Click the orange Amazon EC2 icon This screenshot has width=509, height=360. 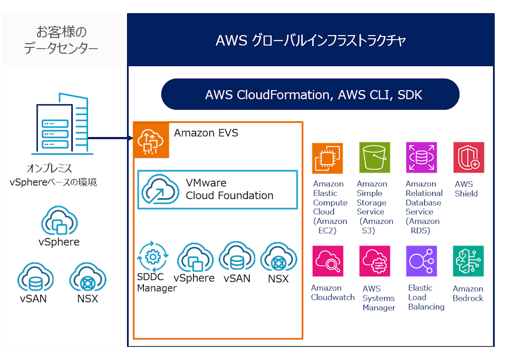point(328,158)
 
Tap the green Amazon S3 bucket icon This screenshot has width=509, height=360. point(374,158)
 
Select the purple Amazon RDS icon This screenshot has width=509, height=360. point(421,158)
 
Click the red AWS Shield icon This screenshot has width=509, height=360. point(469,158)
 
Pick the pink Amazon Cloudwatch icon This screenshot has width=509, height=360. point(328,261)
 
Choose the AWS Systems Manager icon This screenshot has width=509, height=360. point(374,261)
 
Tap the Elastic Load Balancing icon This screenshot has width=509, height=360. point(421,261)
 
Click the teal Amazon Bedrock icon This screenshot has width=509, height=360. point(469,261)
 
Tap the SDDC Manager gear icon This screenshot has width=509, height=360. point(152,257)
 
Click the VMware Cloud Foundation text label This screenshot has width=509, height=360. point(229,189)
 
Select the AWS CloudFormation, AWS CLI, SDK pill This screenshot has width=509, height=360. point(310,95)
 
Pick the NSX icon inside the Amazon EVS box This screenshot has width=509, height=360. point(278,257)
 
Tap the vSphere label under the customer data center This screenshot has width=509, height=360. point(59,242)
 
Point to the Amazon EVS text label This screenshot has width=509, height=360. point(206,133)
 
